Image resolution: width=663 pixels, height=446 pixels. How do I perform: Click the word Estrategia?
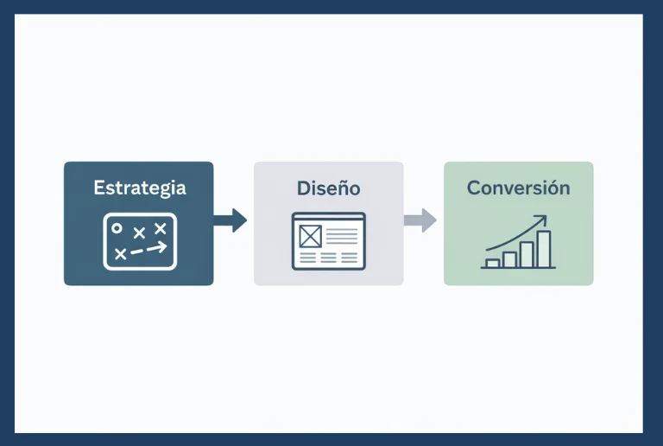tap(139, 188)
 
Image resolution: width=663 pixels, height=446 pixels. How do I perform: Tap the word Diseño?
tap(328, 188)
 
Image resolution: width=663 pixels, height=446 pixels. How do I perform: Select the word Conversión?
tap(518, 188)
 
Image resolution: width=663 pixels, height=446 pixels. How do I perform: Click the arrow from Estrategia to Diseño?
tap(230, 220)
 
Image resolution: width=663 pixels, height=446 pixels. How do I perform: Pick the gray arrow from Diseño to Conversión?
tap(420, 220)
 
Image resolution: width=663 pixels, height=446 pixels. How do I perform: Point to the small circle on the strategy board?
tap(117, 228)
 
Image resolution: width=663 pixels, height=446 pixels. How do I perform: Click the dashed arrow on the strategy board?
tap(149, 249)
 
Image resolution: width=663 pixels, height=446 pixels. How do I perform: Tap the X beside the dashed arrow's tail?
tap(120, 253)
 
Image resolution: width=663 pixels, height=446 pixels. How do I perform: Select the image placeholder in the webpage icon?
tap(310, 235)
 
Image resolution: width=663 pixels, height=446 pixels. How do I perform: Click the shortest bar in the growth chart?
tap(492, 263)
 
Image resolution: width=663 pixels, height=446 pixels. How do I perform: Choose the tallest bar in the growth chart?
tap(543, 249)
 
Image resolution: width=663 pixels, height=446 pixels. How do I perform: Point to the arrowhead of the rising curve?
tap(543, 219)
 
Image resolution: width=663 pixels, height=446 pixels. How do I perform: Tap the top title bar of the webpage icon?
tap(328, 217)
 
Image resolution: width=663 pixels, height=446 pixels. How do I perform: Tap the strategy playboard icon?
tap(139, 240)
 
